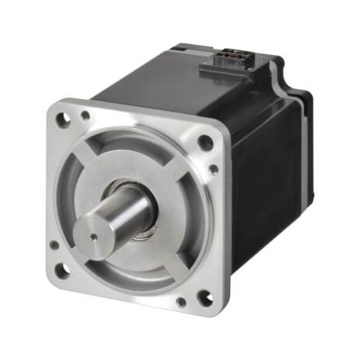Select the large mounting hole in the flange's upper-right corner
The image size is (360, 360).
point(205,142)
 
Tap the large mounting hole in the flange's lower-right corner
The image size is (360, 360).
point(205,298)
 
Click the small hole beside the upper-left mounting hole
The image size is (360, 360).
point(85,116)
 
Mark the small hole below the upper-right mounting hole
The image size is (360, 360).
point(214,167)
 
